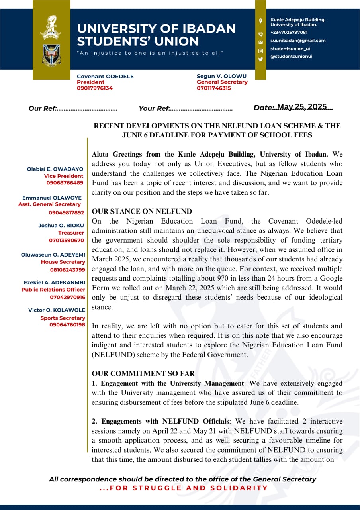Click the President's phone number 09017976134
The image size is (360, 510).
point(95,88)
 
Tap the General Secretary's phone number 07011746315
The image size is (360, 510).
point(214,88)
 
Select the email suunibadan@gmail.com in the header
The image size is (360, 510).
point(298,41)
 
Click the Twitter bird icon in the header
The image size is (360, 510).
point(261,59)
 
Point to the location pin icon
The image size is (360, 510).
point(261,21)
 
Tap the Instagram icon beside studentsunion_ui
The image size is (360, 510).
point(261,51)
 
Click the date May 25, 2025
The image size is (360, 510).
point(301,107)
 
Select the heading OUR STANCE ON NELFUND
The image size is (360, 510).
point(142,212)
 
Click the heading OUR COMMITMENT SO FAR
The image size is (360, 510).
point(143,374)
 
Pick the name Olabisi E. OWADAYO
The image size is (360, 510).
point(55,169)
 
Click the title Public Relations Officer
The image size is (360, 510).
point(53,290)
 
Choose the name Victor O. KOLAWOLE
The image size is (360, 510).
point(57,310)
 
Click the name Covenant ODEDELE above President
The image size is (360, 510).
point(105,76)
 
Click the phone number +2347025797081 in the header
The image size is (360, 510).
point(289,32)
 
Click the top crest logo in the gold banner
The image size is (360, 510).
point(51,27)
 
